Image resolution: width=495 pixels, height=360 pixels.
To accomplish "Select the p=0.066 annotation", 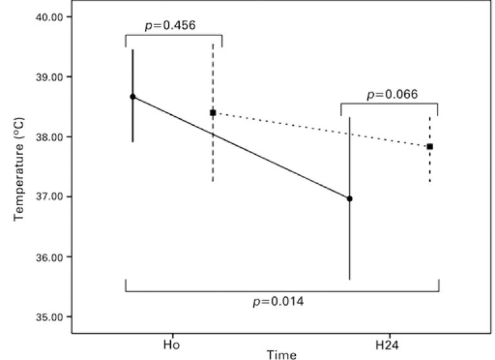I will click(392, 94).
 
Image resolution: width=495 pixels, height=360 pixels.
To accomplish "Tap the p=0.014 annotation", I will click(278, 301).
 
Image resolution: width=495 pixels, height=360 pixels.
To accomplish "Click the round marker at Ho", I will click(133, 97).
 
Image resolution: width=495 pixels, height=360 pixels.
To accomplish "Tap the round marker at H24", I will click(350, 199).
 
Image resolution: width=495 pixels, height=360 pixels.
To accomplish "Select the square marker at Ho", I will click(213, 112).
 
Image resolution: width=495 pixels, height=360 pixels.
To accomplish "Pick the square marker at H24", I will click(430, 146).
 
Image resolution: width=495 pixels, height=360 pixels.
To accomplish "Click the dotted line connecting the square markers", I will click(322, 130).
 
